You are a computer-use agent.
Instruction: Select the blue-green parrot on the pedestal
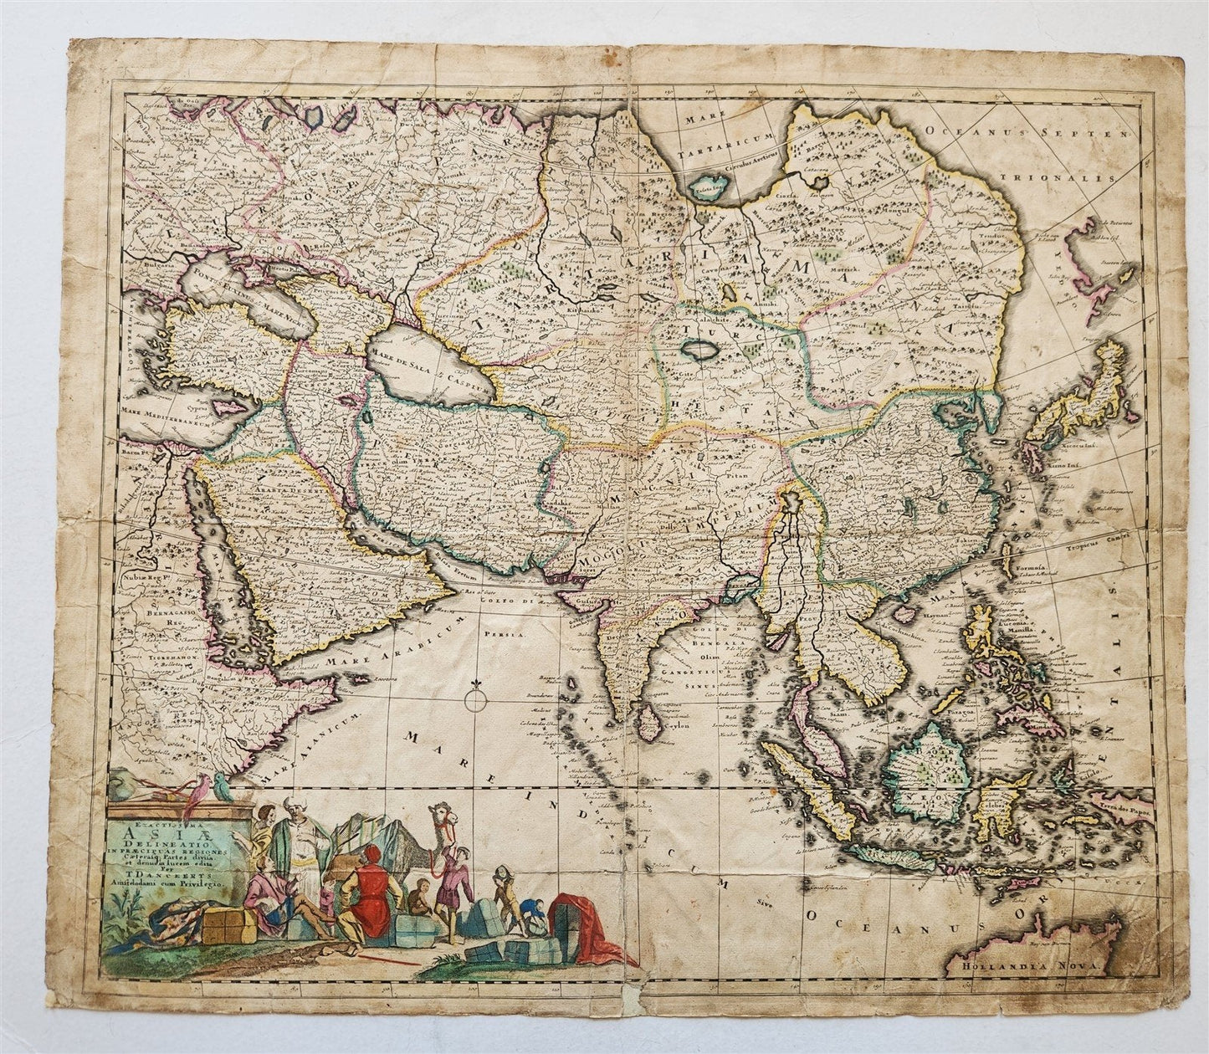coord(219,784)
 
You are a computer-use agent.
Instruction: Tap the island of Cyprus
coord(227,410)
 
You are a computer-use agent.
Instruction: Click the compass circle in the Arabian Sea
coord(474,699)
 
